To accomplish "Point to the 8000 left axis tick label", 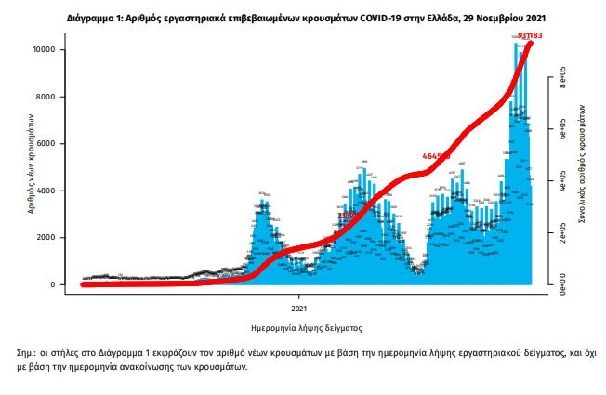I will [50, 97].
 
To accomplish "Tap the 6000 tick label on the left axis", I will [50, 144].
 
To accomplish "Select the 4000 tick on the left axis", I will [50, 191].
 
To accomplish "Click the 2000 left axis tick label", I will [50, 238].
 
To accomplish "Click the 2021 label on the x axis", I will [298, 307].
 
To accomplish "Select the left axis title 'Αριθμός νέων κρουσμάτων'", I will [31, 166].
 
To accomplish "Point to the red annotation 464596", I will [436, 156].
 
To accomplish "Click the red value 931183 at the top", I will [529, 36].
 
